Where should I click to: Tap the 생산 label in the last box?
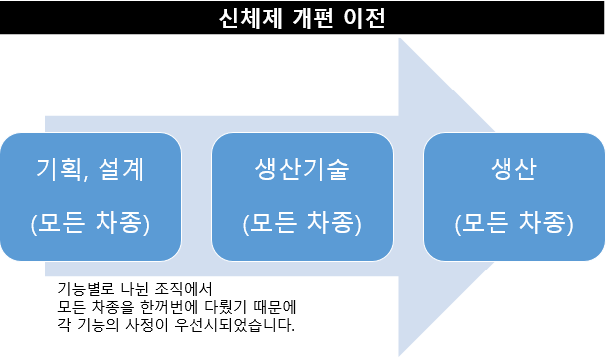pos(513,169)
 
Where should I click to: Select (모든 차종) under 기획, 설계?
pos(90,222)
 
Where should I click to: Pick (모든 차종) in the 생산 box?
pos(513,222)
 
